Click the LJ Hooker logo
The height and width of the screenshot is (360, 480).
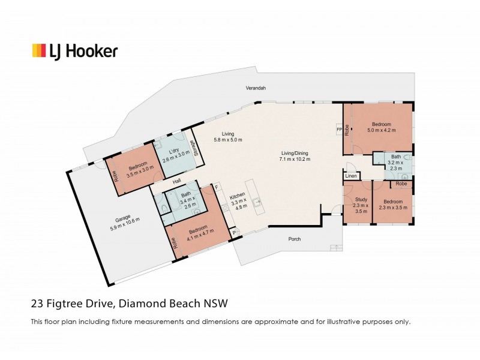pos(74,51)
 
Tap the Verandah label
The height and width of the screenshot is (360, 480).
pos(256,88)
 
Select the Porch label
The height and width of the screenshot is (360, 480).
pos(293,239)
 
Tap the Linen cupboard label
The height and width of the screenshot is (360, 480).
pos(351,176)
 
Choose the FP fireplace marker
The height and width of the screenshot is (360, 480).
pos(338,130)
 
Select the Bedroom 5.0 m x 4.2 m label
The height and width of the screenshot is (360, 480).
pos(383,127)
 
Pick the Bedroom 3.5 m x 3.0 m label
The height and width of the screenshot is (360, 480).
pos(136,170)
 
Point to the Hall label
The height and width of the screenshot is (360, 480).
pos(176,181)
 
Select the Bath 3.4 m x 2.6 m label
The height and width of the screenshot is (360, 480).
pos(187,199)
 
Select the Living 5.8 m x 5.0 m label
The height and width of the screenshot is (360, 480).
pos(227,137)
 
